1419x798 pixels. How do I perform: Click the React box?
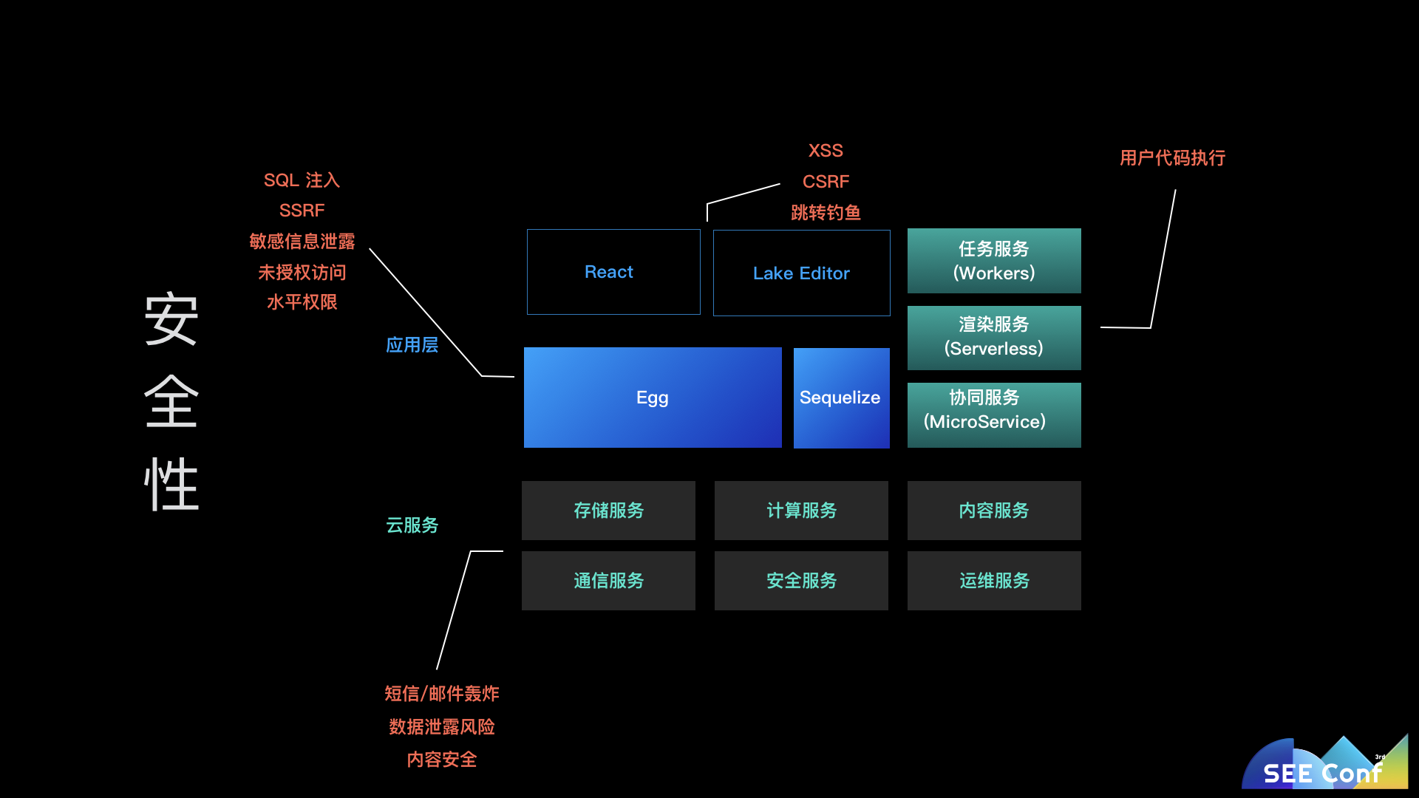(x=613, y=272)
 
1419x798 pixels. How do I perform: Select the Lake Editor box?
(x=801, y=273)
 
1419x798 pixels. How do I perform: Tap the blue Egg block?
(x=653, y=398)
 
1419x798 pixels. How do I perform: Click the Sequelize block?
(x=841, y=398)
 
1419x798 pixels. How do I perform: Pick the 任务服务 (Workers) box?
(x=994, y=261)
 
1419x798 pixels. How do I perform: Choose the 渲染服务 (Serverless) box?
(x=994, y=337)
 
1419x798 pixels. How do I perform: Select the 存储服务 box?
(x=608, y=511)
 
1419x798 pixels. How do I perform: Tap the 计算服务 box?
(x=801, y=511)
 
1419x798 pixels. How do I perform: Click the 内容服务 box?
(x=994, y=511)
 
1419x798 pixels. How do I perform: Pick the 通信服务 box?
(x=608, y=581)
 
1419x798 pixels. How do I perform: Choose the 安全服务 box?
(x=801, y=581)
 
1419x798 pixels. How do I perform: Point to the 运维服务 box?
(x=994, y=581)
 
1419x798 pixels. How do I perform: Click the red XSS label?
(x=826, y=151)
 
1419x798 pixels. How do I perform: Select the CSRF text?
(x=826, y=182)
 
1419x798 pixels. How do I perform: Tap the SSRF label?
(x=302, y=211)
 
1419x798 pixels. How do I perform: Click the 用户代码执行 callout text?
(x=1172, y=158)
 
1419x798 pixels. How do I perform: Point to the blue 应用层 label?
(x=412, y=345)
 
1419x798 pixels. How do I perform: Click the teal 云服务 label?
(x=412, y=525)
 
